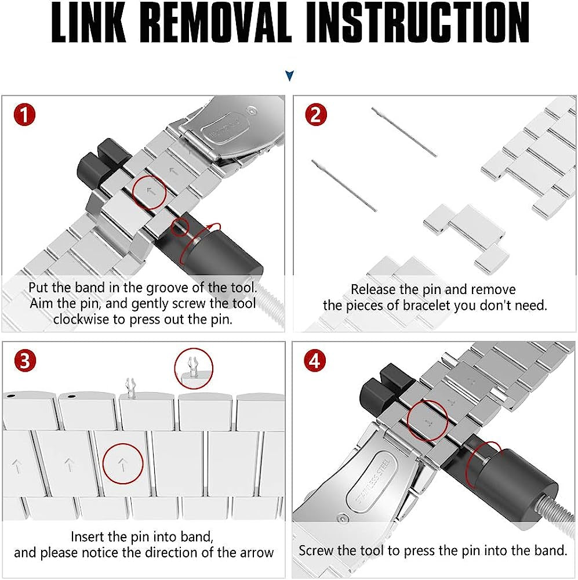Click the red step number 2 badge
[x=315, y=114]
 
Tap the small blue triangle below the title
[x=290, y=76]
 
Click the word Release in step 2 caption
[x=375, y=289]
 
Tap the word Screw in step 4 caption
[x=318, y=550]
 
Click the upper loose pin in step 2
[x=404, y=132]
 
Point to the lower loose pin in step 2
[x=344, y=185]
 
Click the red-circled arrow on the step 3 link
[x=123, y=464]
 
